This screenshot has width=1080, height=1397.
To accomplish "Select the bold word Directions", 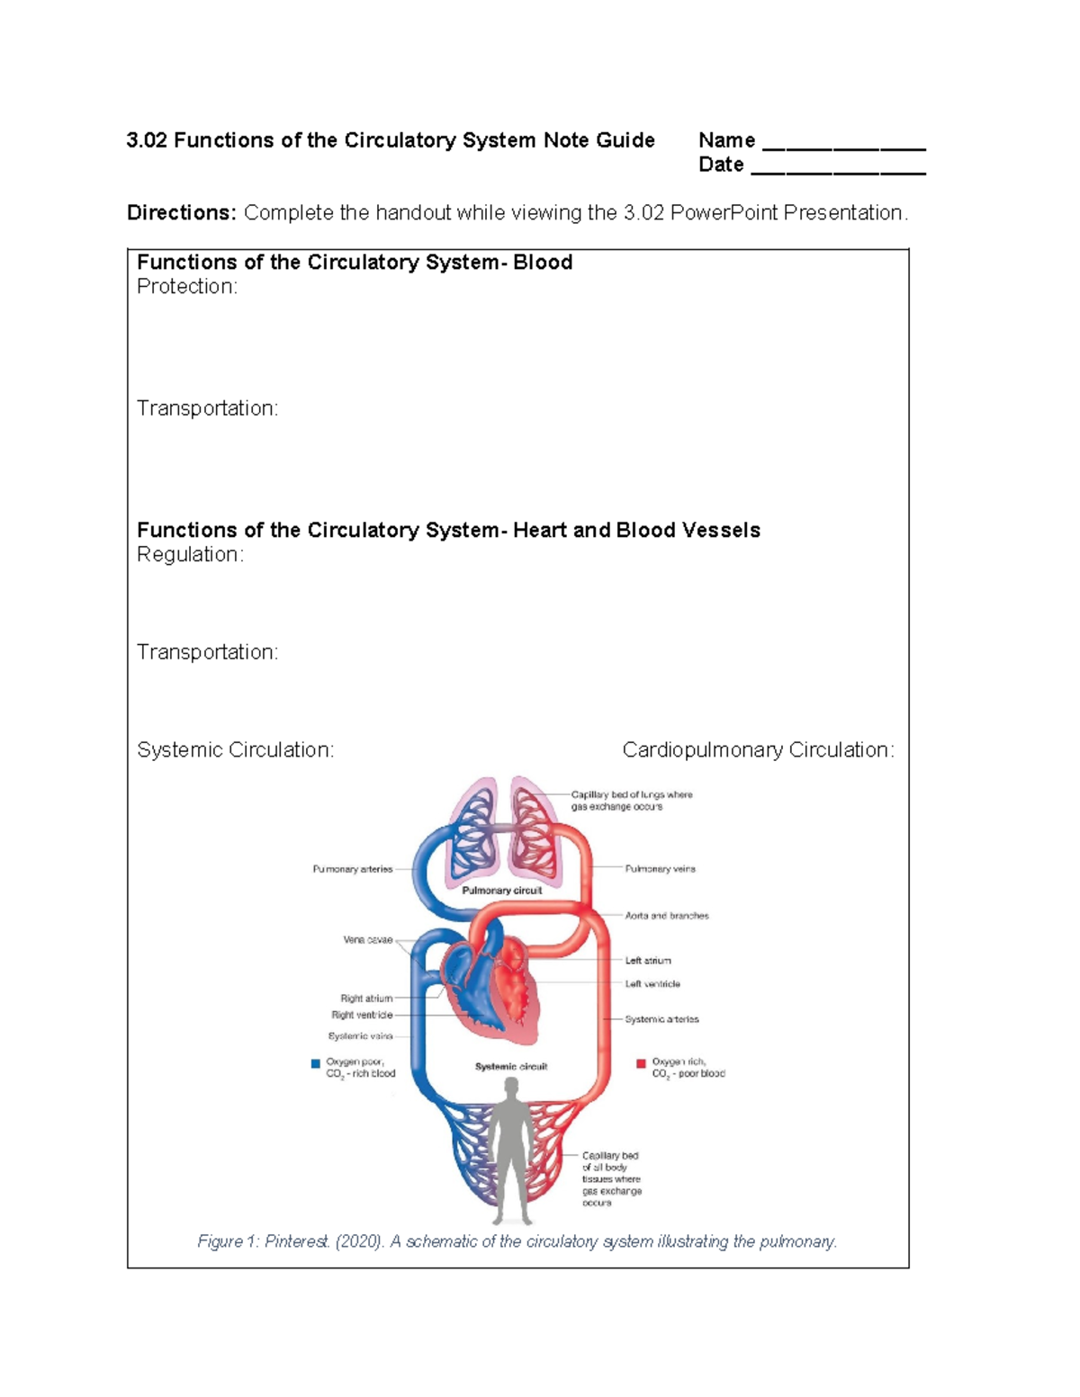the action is pyautogui.click(x=181, y=213).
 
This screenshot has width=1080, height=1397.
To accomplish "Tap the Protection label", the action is pyautogui.click(x=187, y=287).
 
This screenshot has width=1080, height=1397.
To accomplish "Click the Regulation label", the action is pyautogui.click(x=190, y=555).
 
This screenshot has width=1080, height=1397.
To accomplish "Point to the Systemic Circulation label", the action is pyautogui.click(x=235, y=750).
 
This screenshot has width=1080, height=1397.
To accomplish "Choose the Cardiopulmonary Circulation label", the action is pyautogui.click(x=758, y=750).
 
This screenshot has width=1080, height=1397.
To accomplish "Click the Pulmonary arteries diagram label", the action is pyautogui.click(x=353, y=870).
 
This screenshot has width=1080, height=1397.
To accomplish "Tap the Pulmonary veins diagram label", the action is pyautogui.click(x=660, y=869).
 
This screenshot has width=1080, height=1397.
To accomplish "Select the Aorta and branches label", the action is pyautogui.click(x=667, y=916).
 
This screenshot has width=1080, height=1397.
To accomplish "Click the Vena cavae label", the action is pyautogui.click(x=368, y=940).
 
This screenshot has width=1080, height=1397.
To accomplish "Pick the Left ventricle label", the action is pyautogui.click(x=652, y=984).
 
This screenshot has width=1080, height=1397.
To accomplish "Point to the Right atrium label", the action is pyautogui.click(x=366, y=998).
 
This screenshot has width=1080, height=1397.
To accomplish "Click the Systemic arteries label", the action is pyautogui.click(x=661, y=1019).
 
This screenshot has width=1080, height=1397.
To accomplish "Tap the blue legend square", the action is pyautogui.click(x=316, y=1063).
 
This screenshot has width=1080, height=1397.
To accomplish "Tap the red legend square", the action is pyautogui.click(x=641, y=1063).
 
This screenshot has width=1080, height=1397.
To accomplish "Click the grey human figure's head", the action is pyautogui.click(x=512, y=1090).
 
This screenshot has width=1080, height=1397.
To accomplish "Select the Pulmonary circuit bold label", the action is pyautogui.click(x=501, y=891).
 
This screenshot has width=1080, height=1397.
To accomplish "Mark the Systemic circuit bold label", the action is pyautogui.click(x=511, y=1067).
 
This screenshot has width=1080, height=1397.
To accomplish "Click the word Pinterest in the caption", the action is pyautogui.click(x=297, y=1242).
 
